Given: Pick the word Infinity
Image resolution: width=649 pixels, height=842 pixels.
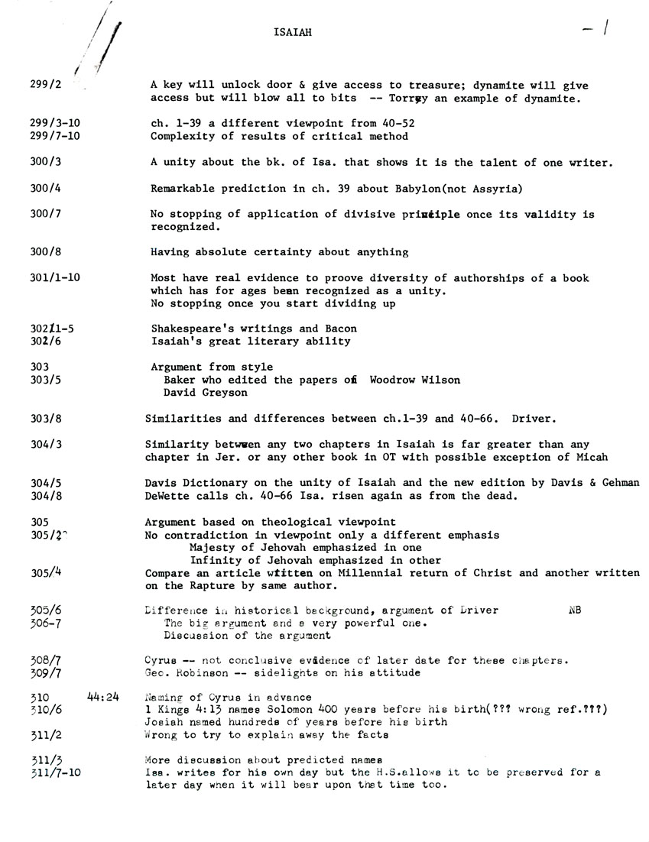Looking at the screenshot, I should (x=216, y=561).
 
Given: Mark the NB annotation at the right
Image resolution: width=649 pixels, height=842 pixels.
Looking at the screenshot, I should (x=575, y=610).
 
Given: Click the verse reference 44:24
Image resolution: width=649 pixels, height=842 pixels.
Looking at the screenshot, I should (x=103, y=697).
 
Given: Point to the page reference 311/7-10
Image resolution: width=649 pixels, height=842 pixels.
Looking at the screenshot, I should (x=56, y=773).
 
